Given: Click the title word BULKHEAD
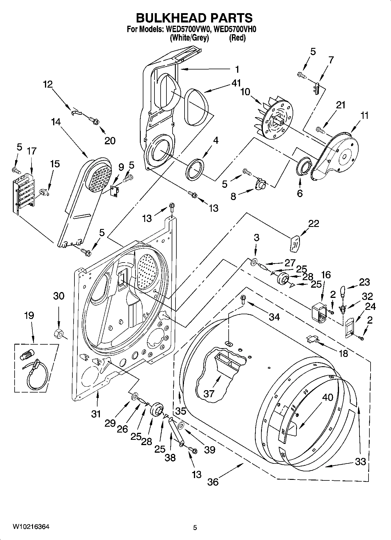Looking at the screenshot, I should (166, 18).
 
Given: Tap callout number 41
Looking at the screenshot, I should (236, 83).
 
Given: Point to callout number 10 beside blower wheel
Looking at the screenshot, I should (245, 92).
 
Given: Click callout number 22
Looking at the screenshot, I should (313, 223).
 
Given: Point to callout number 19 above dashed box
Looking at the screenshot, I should (29, 315).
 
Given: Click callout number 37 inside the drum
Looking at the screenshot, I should (209, 393).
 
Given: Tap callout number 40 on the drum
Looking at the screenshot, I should (327, 397).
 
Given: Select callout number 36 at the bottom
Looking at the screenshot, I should (213, 482).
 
